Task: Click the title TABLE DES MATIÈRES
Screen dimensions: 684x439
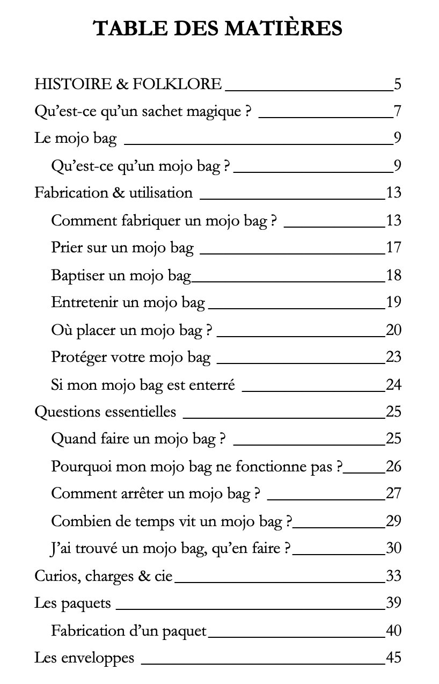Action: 218,28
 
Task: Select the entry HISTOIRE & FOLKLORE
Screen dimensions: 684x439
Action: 128,84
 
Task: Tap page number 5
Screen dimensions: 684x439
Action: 397,84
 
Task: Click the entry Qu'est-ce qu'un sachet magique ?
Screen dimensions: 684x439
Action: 142,112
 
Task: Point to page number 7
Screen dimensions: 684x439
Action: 397,112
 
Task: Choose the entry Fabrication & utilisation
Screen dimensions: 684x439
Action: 113,193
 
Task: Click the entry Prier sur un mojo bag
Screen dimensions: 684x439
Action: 122,248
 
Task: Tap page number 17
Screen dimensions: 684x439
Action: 393,248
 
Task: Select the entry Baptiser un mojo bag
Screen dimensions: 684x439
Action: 121,275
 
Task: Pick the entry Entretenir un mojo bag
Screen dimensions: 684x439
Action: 128,302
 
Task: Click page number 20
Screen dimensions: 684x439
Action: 393,330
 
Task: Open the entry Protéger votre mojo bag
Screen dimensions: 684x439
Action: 130,357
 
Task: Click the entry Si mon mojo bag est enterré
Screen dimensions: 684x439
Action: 143,385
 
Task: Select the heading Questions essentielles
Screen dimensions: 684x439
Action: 105,412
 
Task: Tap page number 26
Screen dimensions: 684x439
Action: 393,466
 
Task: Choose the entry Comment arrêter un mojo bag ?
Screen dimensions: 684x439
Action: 156,493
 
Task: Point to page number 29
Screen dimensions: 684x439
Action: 393,521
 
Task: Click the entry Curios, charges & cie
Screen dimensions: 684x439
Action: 104,576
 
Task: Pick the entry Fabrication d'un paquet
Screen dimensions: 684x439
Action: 129,631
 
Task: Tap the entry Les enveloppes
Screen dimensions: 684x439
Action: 84,658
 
